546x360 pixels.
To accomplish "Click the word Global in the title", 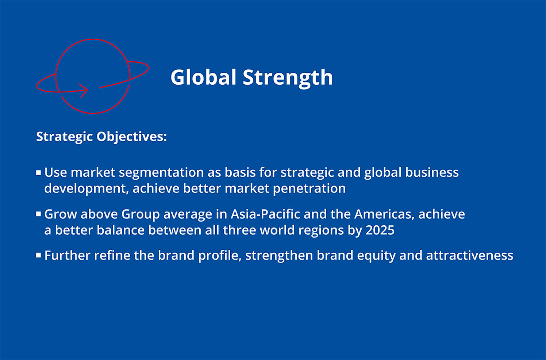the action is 203,77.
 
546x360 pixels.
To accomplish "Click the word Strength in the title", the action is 288,78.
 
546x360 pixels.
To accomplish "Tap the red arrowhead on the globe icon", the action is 84,91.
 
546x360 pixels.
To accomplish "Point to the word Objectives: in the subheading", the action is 132,137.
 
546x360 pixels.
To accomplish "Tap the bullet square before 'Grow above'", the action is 39,214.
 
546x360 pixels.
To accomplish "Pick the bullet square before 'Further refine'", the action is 39,255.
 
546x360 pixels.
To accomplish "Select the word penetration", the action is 309,189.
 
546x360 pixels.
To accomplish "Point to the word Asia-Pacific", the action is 265,214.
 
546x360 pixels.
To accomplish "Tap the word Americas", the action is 384,214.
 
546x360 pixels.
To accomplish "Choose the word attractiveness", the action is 470,256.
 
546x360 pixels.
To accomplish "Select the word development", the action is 86,189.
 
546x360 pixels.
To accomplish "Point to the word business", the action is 432,173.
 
